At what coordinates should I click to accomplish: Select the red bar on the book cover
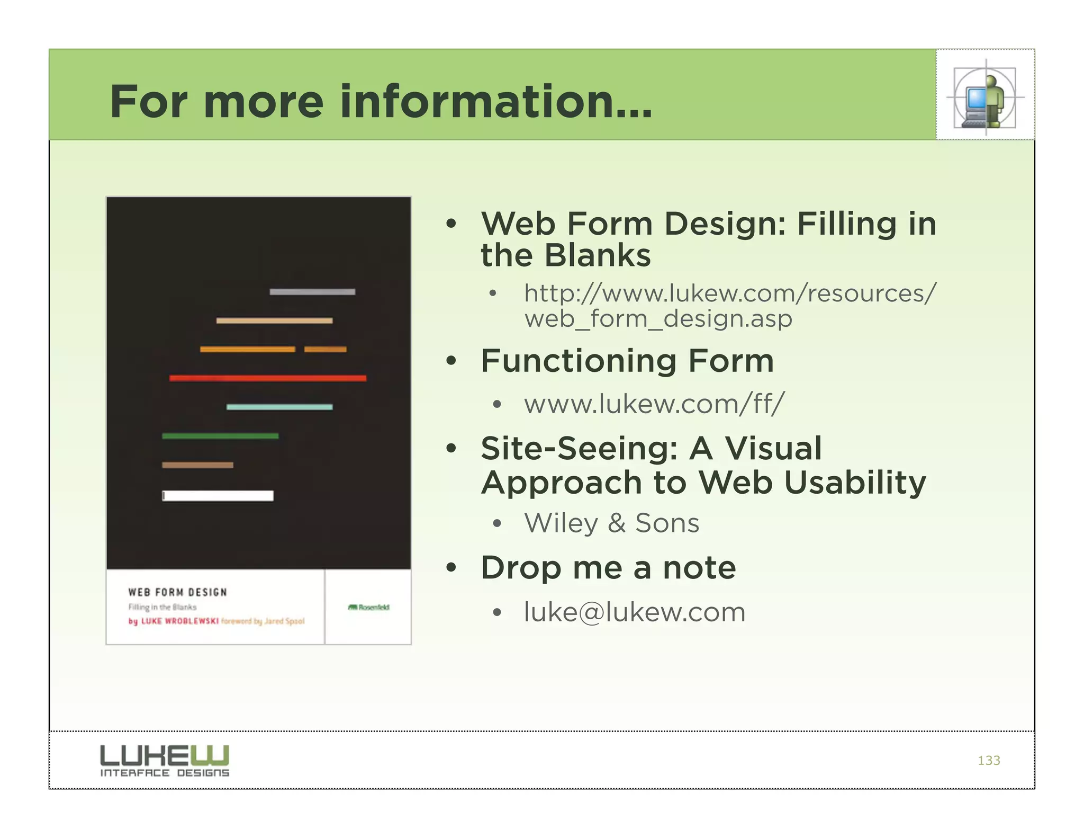click(267, 378)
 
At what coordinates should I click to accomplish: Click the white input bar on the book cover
click(218, 496)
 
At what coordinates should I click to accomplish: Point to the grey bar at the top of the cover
click(312, 292)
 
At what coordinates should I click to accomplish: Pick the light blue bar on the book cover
click(279, 407)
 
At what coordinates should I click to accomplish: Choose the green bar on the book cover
click(220, 436)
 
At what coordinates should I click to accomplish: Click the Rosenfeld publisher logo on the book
click(369, 607)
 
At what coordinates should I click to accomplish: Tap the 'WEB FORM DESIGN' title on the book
click(177, 592)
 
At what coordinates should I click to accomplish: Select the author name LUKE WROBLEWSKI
click(174, 621)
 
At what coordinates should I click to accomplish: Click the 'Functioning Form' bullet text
click(627, 361)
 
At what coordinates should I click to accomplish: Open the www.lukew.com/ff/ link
click(654, 404)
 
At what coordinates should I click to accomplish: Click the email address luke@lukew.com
click(635, 612)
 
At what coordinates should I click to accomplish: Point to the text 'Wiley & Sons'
click(611, 523)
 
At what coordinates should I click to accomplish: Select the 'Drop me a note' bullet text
click(608, 568)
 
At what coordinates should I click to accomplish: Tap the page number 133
click(989, 761)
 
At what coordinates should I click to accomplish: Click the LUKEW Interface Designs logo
click(165, 761)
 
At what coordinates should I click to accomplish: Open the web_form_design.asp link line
click(658, 319)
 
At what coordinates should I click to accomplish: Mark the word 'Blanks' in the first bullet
click(598, 256)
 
